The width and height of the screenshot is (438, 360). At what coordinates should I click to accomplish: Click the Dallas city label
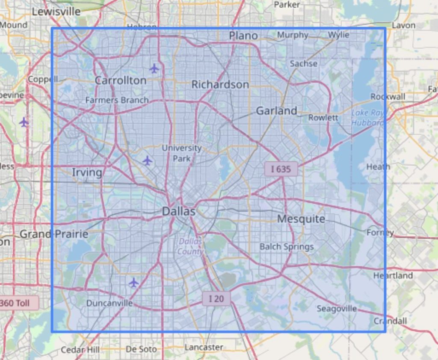(179, 211)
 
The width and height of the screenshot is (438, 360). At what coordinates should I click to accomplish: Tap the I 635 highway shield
(281, 169)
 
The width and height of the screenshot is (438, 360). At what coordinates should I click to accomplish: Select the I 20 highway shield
(216, 298)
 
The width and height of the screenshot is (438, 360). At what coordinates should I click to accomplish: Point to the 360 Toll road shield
(17, 303)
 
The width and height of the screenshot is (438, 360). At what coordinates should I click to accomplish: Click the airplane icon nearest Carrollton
(154, 68)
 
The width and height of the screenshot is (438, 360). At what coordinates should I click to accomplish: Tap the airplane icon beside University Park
(147, 161)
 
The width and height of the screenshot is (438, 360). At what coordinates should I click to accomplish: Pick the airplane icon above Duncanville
(134, 283)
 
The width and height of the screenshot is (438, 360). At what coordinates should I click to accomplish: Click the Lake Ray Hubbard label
(367, 118)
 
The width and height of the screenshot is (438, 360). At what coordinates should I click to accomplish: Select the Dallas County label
(190, 246)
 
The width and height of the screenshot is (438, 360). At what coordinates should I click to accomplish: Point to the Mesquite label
(301, 219)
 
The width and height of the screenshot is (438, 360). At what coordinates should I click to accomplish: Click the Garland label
(276, 110)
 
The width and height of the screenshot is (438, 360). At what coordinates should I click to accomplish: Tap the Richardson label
(220, 84)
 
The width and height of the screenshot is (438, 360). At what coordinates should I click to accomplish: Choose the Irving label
(87, 172)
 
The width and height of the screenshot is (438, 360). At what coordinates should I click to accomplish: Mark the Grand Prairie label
(54, 234)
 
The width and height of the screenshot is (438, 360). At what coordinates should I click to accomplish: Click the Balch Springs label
(287, 247)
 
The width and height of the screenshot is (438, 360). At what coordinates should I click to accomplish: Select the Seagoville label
(337, 308)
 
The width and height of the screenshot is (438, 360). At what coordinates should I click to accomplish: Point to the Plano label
(243, 36)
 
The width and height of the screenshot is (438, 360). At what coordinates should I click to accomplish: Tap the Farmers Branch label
(117, 100)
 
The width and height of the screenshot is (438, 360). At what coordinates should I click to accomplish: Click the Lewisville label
(56, 12)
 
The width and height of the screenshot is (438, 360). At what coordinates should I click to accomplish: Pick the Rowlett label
(323, 117)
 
